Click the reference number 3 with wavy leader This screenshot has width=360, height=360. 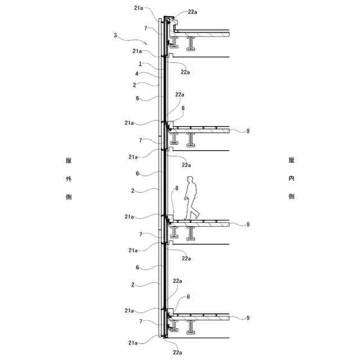[x=115, y=35]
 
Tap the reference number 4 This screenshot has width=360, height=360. [x=137, y=74]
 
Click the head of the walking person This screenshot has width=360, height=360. [x=191, y=180]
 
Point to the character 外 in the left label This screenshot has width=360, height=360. [x=68, y=178]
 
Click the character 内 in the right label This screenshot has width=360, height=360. [x=291, y=178]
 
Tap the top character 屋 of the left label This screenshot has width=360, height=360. [x=68, y=160]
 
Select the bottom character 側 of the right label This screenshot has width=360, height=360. [x=291, y=197]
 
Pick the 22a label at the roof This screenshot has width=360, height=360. [x=193, y=12]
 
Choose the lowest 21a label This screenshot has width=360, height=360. [x=133, y=343]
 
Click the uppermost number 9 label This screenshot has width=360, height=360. [x=247, y=131]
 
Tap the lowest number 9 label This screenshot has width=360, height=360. [x=247, y=318]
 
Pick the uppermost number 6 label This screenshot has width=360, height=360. [x=137, y=98]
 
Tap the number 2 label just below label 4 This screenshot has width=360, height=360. [x=134, y=85]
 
